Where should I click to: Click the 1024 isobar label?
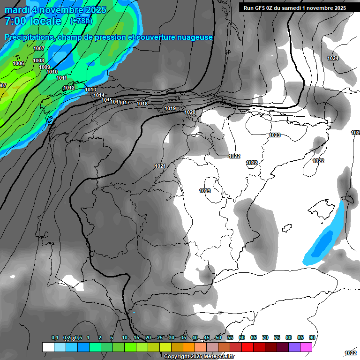click(333, 58)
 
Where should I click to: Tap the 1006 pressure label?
click(18, 63)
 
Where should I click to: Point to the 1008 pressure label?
click(38, 60)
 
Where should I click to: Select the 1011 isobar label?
click(62, 78)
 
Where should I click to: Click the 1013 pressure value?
click(90, 90)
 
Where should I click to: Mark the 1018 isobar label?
click(142, 104)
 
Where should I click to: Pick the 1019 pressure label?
click(170, 108)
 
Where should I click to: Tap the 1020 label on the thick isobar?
click(190, 112)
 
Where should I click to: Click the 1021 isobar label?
click(160, 166)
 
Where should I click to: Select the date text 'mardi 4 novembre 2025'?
click(55, 10)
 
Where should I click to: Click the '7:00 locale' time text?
click(33, 21)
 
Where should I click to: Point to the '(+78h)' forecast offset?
click(81, 21)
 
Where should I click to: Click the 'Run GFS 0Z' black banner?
click(295, 7)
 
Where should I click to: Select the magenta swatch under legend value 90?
click(306, 347)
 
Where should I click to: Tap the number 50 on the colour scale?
click(218, 337)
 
